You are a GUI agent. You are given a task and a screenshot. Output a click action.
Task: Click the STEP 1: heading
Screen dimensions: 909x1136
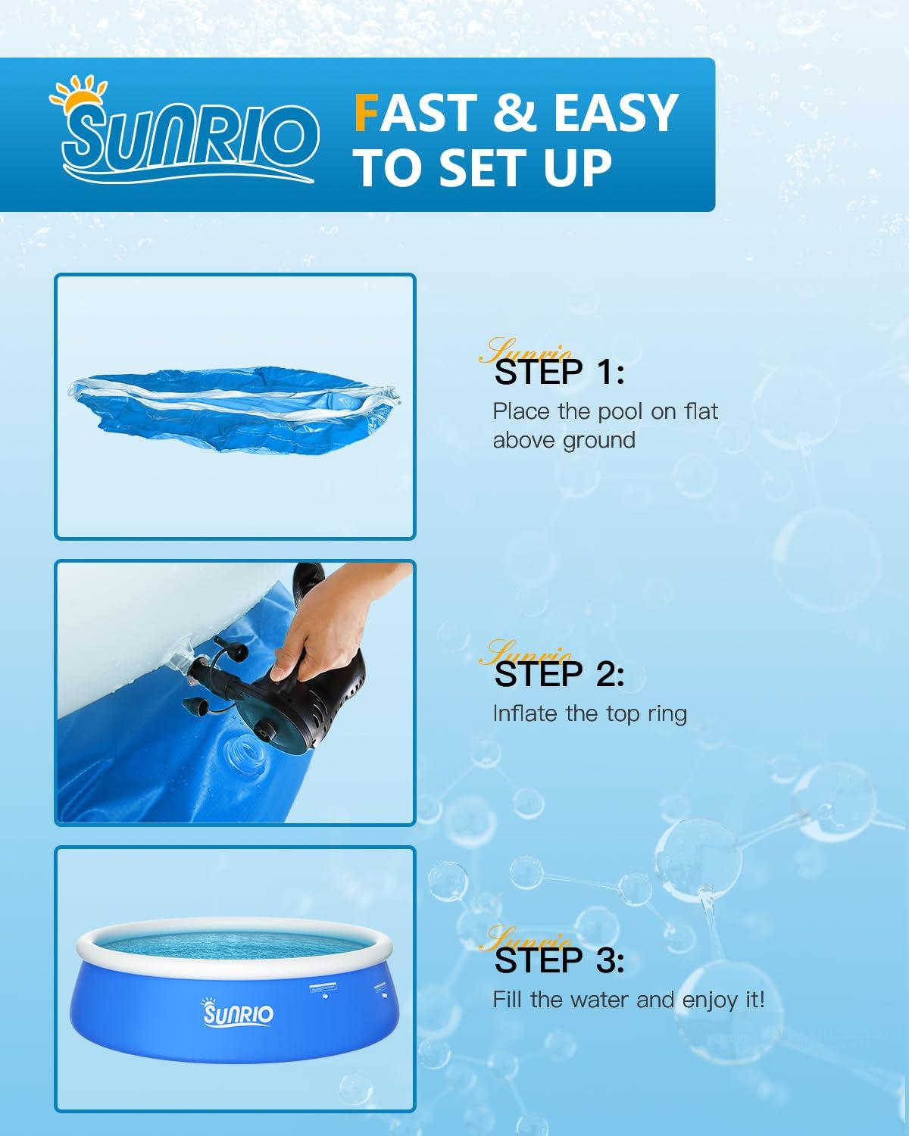(x=559, y=371)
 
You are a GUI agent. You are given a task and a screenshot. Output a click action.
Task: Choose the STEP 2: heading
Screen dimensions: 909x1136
(x=559, y=673)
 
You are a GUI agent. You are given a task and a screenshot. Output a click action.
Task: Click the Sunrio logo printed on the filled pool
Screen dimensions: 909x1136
(x=237, y=1012)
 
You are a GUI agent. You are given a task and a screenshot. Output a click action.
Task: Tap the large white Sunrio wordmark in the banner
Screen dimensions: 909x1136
(x=190, y=137)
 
